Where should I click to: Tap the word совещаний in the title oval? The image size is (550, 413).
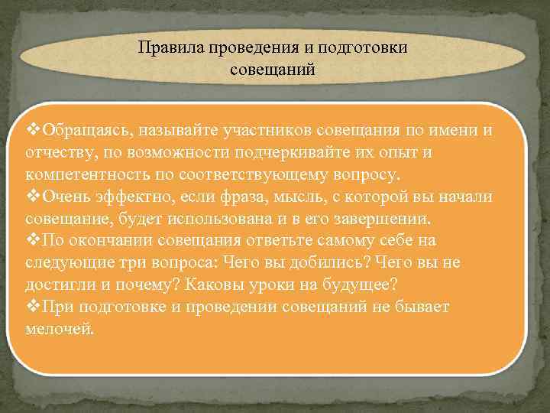273,70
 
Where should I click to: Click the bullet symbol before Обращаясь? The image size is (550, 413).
34,129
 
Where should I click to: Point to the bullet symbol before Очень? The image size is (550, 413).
34,196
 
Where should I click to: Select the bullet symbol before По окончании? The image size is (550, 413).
34,240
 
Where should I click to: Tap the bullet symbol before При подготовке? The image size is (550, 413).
34,307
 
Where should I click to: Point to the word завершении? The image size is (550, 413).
396,218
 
